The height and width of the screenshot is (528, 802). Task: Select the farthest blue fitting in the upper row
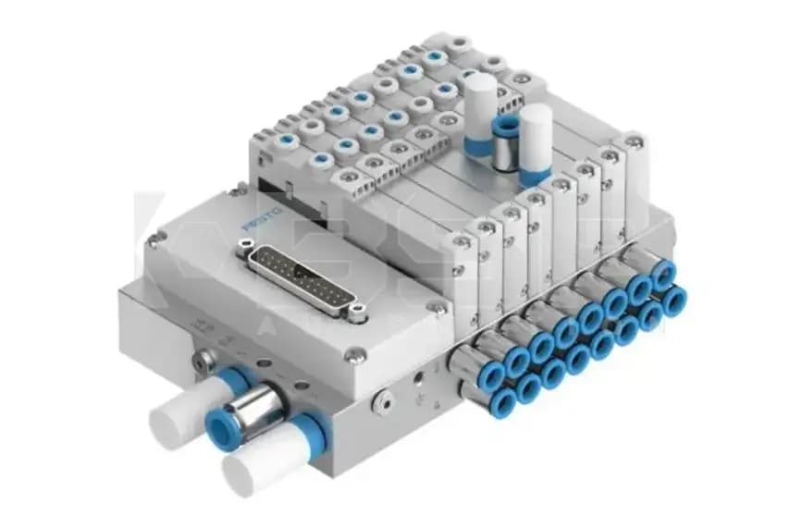[662, 275]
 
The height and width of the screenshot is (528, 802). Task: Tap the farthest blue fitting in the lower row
[673, 300]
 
